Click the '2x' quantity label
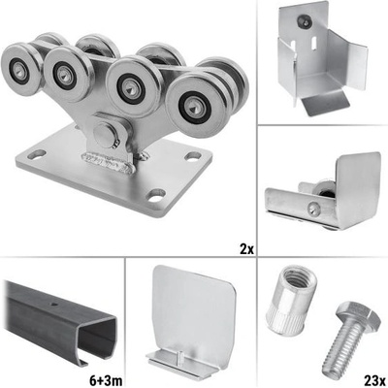(x=246, y=249)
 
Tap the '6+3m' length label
(x=106, y=380)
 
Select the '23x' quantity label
(x=375, y=380)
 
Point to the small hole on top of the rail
(x=52, y=304)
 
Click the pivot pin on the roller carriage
(x=104, y=134)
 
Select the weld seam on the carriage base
(x=109, y=162)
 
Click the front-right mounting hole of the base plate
(x=156, y=195)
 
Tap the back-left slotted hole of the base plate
(x=37, y=154)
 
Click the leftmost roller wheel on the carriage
(x=20, y=69)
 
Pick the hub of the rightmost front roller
(x=194, y=106)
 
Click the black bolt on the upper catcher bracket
(x=305, y=20)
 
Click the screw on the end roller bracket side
(x=313, y=209)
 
